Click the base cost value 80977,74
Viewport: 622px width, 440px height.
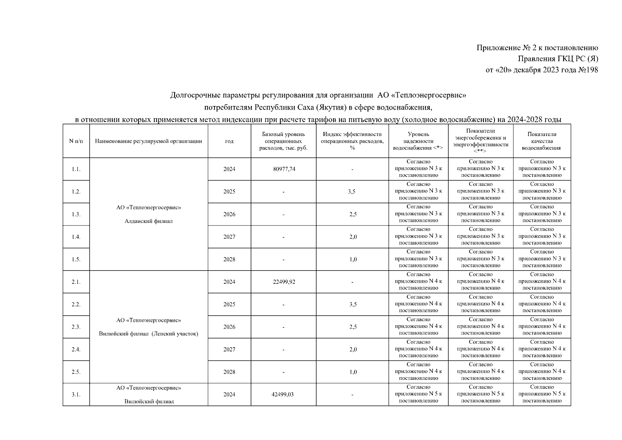[x=284, y=169]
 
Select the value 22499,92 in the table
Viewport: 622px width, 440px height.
[x=284, y=282]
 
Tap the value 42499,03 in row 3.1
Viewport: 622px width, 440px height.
[x=284, y=395]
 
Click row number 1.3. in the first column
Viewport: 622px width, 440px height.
[x=76, y=214]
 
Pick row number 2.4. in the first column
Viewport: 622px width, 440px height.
[x=76, y=349]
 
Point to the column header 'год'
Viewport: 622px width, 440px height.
[x=229, y=141]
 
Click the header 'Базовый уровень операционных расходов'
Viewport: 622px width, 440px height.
[x=283, y=141]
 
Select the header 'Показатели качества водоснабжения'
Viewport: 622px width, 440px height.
[x=541, y=141]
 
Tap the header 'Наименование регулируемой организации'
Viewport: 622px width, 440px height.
[x=148, y=141]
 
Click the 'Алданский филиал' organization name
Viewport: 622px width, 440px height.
[x=148, y=221]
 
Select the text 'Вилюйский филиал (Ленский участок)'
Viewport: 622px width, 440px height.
[x=148, y=334]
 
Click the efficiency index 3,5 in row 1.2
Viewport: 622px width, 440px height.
[x=352, y=192]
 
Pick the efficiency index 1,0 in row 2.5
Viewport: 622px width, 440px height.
[x=353, y=372]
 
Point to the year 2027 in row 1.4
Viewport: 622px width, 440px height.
[x=229, y=237]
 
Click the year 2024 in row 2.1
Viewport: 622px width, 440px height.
[x=229, y=282]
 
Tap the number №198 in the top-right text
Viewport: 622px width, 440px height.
[x=588, y=70]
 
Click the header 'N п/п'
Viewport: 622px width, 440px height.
[x=76, y=141]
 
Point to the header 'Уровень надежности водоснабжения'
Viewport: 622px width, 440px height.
[x=418, y=141]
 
